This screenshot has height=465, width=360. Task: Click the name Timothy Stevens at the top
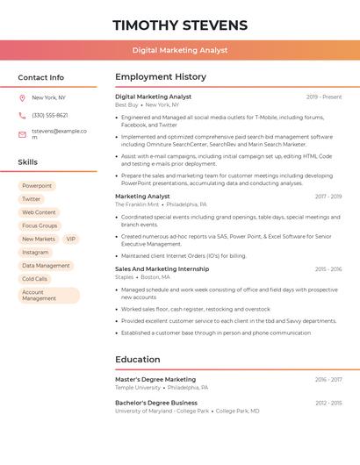tap(180, 25)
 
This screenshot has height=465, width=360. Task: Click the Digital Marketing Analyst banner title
tap(180, 51)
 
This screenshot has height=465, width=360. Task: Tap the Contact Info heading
tap(40, 77)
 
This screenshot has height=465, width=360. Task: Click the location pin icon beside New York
tap(22, 97)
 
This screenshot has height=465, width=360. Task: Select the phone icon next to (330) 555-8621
tap(22, 115)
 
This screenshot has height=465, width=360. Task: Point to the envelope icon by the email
tap(22, 134)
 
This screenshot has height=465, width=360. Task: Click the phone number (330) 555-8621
tap(49, 115)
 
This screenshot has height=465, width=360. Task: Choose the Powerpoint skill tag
tap(37, 186)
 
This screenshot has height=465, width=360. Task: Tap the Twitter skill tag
tap(32, 199)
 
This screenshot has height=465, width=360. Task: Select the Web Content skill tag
tap(39, 212)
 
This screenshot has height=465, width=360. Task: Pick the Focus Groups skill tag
tap(40, 225)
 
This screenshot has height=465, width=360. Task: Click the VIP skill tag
tap(71, 239)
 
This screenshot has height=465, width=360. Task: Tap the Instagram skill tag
tap(35, 252)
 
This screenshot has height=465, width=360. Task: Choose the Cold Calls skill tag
tap(35, 279)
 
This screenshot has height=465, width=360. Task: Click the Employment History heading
tap(161, 77)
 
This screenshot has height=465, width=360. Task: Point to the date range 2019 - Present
tap(324, 97)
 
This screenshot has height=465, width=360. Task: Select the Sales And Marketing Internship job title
tap(162, 268)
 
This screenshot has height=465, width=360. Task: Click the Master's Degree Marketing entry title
tap(155, 379)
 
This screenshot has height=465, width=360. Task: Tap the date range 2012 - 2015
tap(328, 403)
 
